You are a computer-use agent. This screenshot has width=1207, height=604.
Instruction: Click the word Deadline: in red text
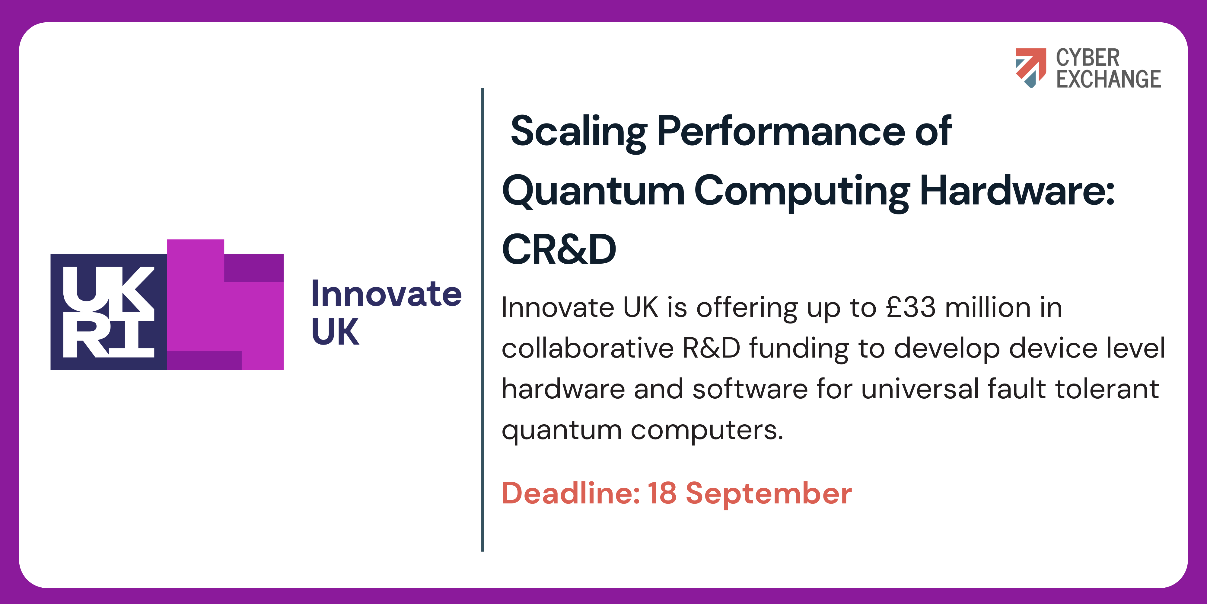[571, 493]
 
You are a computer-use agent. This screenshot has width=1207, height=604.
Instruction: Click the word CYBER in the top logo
[1088, 58]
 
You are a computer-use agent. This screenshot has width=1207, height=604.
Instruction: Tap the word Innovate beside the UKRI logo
[387, 294]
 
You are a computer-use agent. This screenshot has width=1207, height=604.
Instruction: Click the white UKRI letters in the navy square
[108, 312]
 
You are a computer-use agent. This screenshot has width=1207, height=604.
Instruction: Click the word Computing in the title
[802, 191]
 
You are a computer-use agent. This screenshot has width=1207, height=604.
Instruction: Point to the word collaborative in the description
[588, 349]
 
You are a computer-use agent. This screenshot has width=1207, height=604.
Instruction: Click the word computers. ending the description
[707, 430]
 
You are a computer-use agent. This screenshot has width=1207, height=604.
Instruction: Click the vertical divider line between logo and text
[482, 319]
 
